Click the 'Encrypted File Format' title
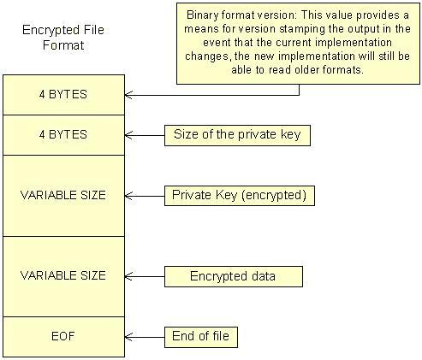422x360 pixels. (63, 38)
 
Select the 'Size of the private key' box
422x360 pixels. (237, 135)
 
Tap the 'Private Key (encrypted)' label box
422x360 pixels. (240, 196)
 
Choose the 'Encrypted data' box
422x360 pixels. (234, 276)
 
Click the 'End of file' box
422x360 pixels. (201, 337)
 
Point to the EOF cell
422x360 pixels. (63, 337)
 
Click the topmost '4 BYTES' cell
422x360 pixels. (63, 95)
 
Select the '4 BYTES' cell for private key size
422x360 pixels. (63, 135)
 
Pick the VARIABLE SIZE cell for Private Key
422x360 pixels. (63, 196)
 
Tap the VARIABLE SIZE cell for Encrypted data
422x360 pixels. (63, 276)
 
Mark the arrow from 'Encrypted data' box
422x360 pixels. (145, 276)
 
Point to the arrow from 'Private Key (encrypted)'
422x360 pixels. (145, 196)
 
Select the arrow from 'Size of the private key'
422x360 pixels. (145, 135)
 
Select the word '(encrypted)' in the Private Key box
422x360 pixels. (274, 196)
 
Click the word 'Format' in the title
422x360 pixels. (63, 45)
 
